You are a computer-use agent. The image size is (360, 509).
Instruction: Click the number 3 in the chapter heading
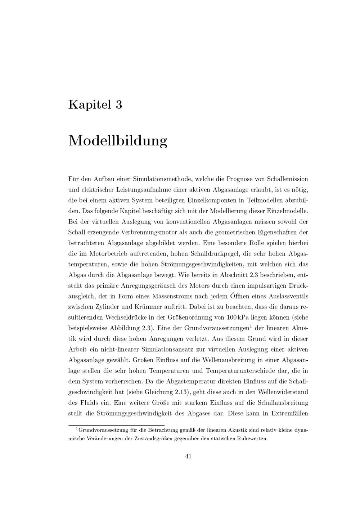click(x=118, y=105)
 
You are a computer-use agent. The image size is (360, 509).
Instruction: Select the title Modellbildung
click(x=118, y=141)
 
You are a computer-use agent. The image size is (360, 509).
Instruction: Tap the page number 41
click(x=188, y=456)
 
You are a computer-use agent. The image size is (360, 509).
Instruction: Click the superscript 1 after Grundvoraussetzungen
click(x=251, y=326)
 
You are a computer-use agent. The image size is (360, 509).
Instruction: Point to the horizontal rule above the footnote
click(x=116, y=425)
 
